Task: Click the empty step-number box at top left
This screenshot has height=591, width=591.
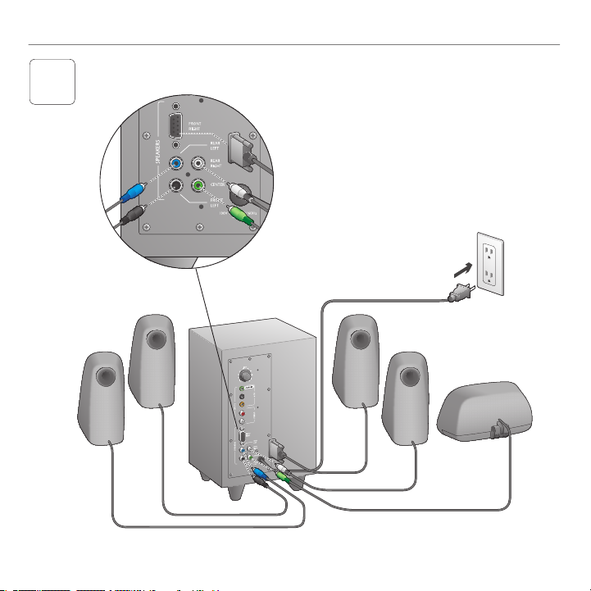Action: pos(52,81)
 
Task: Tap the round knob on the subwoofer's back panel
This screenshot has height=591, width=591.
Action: pos(243,373)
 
